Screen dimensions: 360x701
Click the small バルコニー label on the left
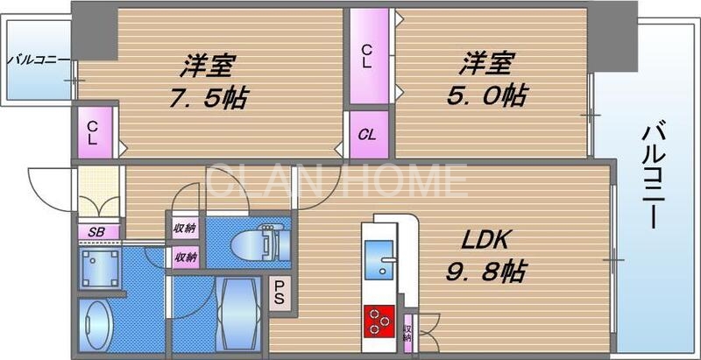[x=34, y=60]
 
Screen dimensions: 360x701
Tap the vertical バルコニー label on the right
[x=652, y=176]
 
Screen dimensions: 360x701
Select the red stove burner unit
[x=379, y=320]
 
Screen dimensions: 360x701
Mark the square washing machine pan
[x=99, y=266]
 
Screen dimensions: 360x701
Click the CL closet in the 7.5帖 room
[x=93, y=132]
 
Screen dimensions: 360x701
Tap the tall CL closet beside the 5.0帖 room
[x=369, y=55]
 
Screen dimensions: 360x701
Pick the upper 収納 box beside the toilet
[x=185, y=229]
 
